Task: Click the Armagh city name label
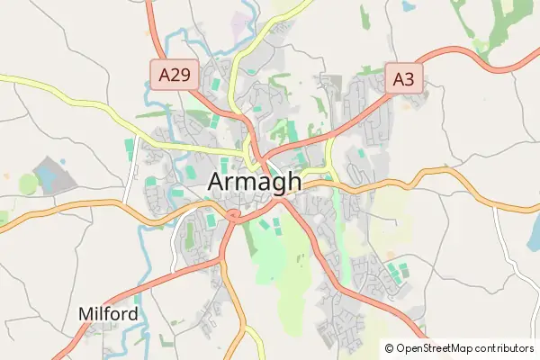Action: tap(255, 182)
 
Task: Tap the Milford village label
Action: tap(109, 314)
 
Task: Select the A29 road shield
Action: tap(171, 74)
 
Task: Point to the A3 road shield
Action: tap(403, 79)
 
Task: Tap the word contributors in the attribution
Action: tap(505, 347)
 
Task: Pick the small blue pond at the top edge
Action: tap(409, 5)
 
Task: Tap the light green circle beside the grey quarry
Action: tap(29, 184)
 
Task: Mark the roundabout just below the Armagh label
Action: tap(233, 215)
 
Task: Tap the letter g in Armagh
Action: tap(274, 184)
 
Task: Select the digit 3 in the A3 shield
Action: tap(409, 79)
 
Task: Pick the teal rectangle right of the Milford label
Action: tap(138, 298)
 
